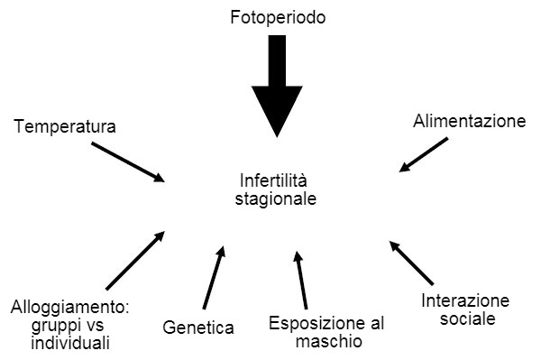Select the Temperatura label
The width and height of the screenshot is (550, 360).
coord(65,127)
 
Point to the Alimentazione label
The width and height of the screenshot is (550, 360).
coord(469,120)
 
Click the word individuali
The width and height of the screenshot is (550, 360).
coord(70,343)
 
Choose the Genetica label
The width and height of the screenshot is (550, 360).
coord(198,328)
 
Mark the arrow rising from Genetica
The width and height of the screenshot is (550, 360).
coord(214,277)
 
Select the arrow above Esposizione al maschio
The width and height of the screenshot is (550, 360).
coord(301,281)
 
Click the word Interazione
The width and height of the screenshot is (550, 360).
coord(465,300)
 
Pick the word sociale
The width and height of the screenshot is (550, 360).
coord(465,318)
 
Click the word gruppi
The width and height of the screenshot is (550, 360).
coord(37,326)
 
